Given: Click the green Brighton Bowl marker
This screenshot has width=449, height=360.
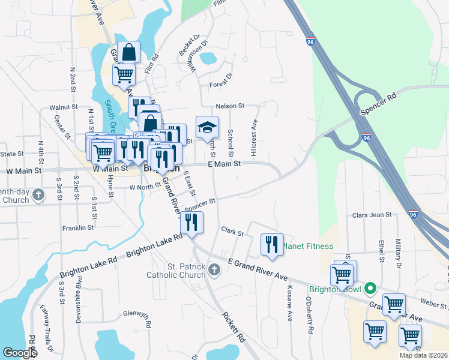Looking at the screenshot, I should point(370,289).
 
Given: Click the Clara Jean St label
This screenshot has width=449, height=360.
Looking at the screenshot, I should point(372,214).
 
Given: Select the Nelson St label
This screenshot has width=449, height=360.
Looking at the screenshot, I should point(230,106).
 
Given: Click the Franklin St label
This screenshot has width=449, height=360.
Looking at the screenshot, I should point(77,228).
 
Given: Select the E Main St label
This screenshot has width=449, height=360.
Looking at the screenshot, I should point(224,163).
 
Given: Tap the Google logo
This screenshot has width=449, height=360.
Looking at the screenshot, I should point(20,353).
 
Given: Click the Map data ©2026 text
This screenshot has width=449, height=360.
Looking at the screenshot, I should point(423,355).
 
